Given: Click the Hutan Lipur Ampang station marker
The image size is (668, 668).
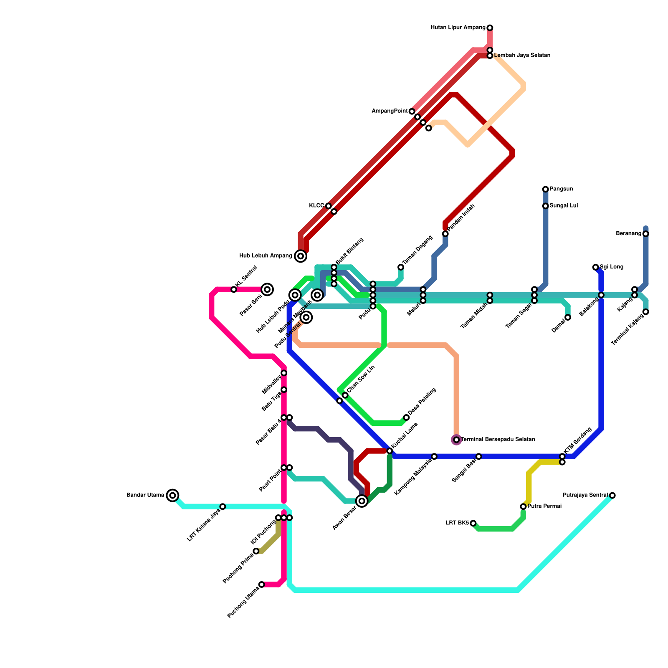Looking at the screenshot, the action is pyautogui.click(x=490, y=28).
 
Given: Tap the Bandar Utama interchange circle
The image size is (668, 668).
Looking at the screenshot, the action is pyautogui.click(x=172, y=496).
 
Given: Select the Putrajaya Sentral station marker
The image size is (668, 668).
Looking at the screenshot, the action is pyautogui.click(x=612, y=496).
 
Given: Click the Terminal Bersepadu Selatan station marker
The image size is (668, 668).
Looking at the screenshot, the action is pyautogui.click(x=456, y=440).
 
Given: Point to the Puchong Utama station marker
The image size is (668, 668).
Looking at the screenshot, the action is pyautogui.click(x=261, y=584).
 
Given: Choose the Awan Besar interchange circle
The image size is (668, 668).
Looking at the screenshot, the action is pyautogui.click(x=362, y=501).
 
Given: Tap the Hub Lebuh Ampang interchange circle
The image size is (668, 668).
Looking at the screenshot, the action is pyautogui.click(x=301, y=256).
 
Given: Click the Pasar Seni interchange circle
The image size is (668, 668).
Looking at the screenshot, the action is pyautogui.click(x=267, y=289).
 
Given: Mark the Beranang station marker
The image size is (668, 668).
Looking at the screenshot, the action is pyautogui.click(x=646, y=234).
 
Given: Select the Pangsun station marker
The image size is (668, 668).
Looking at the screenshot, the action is pyautogui.click(x=545, y=189).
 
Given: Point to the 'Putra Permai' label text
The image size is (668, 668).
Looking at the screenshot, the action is pyautogui.click(x=544, y=506).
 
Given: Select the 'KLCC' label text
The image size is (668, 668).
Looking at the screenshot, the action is pyautogui.click(x=316, y=206).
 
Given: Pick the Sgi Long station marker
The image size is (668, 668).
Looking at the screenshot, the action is pyautogui.click(x=595, y=267).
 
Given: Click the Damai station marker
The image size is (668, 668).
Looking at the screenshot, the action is pyautogui.click(x=568, y=318).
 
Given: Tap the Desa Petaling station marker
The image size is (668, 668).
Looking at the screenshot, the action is pyautogui.click(x=406, y=417).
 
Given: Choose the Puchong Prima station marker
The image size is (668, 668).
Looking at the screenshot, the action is pyautogui.click(x=256, y=551).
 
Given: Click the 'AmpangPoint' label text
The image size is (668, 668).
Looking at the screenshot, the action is pyautogui.click(x=390, y=111).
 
